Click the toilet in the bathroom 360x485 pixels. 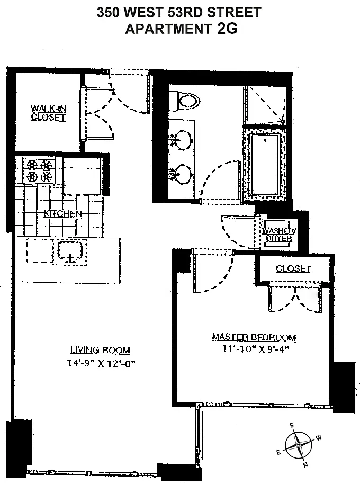(x=184, y=101)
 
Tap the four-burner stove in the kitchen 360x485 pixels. (x=39, y=171)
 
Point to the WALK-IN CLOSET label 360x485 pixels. (x=48, y=113)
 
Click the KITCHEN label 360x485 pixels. (x=63, y=213)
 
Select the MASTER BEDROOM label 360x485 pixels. (x=254, y=337)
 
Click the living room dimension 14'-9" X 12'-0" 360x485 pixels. (x=102, y=363)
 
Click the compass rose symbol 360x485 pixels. (x=298, y=445)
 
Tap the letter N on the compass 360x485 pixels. (x=305, y=464)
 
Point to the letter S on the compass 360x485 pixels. (x=291, y=426)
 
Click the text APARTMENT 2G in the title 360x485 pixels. (x=181, y=29)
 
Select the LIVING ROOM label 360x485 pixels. (x=100, y=350)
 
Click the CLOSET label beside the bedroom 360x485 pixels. (x=293, y=269)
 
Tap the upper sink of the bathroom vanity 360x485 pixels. (x=182, y=139)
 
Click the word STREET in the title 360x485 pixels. (x=234, y=12)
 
